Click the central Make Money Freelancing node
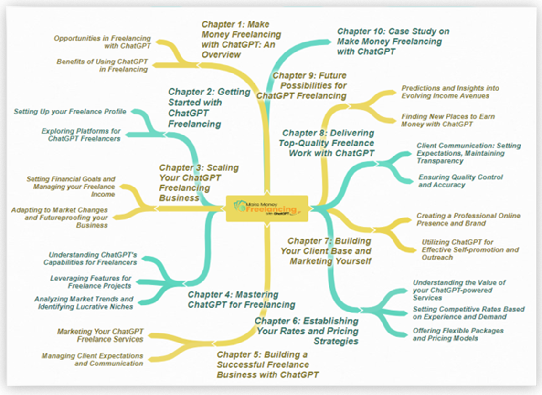[267, 208]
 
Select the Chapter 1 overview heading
[241, 40]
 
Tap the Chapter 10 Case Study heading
[393, 42]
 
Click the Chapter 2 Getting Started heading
[208, 108]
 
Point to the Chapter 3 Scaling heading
[198, 183]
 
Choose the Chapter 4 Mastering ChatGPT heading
[241, 300]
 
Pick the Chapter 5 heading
[267, 364]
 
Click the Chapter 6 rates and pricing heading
[307, 331]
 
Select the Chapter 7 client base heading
[329, 251]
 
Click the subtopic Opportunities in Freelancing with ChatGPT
[102, 42]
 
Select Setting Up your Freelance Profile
[70, 112]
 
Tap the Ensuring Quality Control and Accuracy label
[460, 181]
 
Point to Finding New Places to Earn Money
[447, 120]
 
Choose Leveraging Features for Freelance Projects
[91, 282]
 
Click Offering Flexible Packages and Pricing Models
[458, 334]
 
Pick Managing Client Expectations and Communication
[92, 360]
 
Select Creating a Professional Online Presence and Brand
[468, 219]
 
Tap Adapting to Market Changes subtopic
[59, 218]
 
